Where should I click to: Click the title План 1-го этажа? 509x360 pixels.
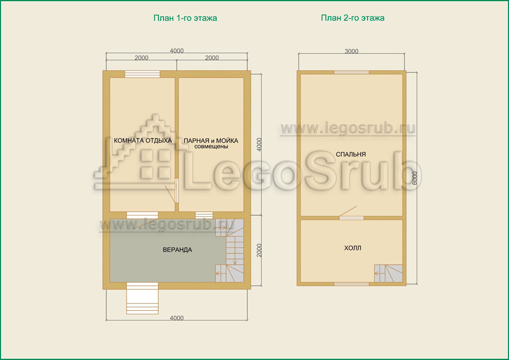[185, 18]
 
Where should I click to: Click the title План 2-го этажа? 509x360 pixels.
[353, 18]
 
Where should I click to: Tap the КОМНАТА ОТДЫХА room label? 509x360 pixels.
[143, 141]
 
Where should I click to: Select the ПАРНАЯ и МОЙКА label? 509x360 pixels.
[211, 141]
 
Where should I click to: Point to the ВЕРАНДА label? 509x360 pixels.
[177, 250]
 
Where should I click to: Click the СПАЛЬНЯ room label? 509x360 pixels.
[351, 154]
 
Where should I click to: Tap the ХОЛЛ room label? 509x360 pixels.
[353, 248]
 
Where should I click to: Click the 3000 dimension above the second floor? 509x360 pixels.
[352, 51]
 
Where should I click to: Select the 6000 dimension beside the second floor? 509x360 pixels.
[414, 178]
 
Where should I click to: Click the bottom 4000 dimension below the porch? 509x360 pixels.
[177, 318]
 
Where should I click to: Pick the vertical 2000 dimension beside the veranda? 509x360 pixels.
[259, 251]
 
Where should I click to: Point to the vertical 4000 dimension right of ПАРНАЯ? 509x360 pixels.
[259, 145]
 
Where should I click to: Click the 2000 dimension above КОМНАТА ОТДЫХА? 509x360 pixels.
[142, 58]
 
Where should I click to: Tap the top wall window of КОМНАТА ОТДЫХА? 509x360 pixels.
[143, 74]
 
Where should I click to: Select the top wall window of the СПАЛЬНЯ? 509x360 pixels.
[352, 72]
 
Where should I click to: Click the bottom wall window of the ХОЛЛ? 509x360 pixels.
[352, 284]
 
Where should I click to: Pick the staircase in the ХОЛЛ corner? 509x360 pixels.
[388, 273]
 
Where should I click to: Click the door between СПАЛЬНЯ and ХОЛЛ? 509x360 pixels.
[351, 217]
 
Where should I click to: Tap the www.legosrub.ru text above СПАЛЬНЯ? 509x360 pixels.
[348, 128]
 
